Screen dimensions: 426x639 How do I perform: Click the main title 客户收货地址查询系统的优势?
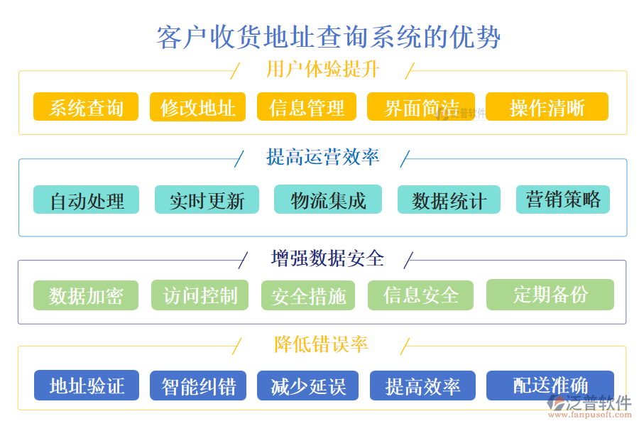click(x=328, y=37)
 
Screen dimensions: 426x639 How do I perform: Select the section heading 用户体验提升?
click(x=322, y=70)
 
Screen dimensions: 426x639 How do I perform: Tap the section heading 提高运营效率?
click(x=322, y=157)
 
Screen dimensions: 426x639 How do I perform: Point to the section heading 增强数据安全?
click(x=327, y=258)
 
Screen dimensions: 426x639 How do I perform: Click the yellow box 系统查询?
click(x=86, y=107)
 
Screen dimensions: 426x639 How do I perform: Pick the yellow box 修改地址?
click(x=197, y=107)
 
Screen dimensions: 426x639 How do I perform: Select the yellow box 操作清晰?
click(x=547, y=107)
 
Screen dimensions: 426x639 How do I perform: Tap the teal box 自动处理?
click(x=87, y=200)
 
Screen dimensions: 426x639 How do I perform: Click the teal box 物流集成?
click(x=328, y=200)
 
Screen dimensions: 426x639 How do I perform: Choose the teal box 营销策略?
click(x=563, y=200)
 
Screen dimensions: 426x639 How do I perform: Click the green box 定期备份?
click(x=550, y=294)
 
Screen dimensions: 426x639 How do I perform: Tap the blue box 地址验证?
click(x=87, y=386)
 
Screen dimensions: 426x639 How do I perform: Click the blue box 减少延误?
click(x=308, y=386)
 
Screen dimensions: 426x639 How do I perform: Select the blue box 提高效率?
click(x=422, y=386)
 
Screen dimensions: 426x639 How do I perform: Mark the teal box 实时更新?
click(x=207, y=200)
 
